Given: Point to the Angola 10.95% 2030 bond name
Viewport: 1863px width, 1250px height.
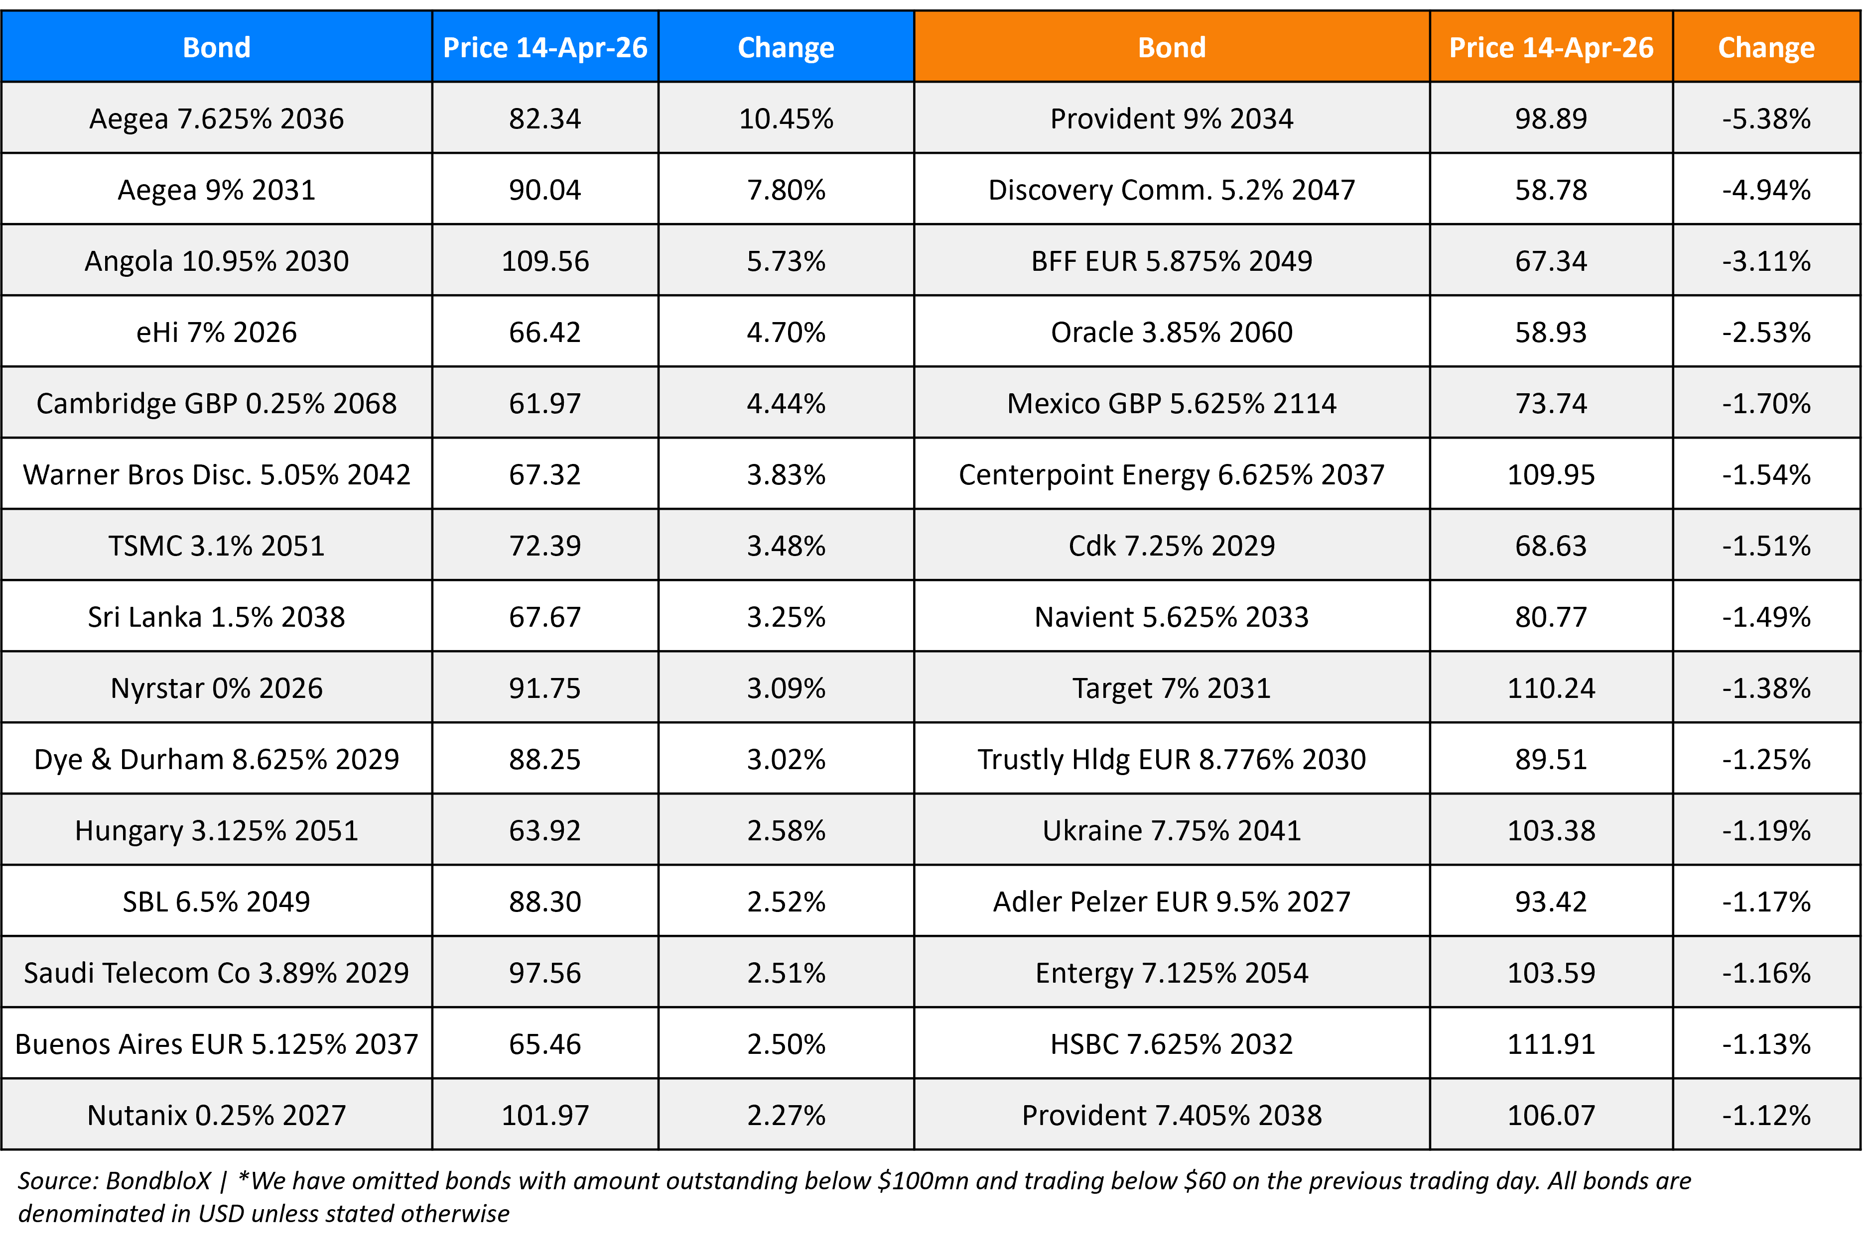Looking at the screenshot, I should (216, 261).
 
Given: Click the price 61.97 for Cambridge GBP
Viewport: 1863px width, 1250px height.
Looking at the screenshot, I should (545, 403).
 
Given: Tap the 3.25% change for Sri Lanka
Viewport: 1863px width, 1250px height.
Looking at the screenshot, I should (786, 617).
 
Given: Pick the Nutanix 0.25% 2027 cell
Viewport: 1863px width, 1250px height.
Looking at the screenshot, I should (216, 1115).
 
